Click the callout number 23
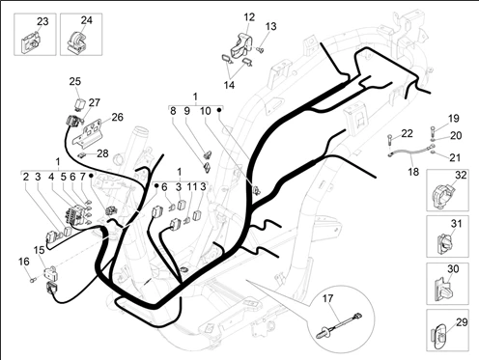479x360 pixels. tap(42, 21)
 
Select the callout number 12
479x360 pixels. tap(249, 17)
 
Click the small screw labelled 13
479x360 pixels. tap(260, 49)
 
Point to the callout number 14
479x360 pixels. tap(229, 85)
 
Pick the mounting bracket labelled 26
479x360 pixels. tap(87, 133)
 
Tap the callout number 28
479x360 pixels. tap(102, 153)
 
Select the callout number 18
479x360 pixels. tap(413, 172)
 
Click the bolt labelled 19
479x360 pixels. tap(433, 131)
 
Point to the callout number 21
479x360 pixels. tap(455, 157)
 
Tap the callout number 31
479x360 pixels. tap(456, 223)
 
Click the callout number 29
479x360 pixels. tap(462, 322)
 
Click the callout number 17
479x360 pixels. tap(327, 298)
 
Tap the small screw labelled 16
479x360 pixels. tap(32, 281)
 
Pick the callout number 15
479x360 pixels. tap(40, 250)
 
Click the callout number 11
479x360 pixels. tap(192, 187)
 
